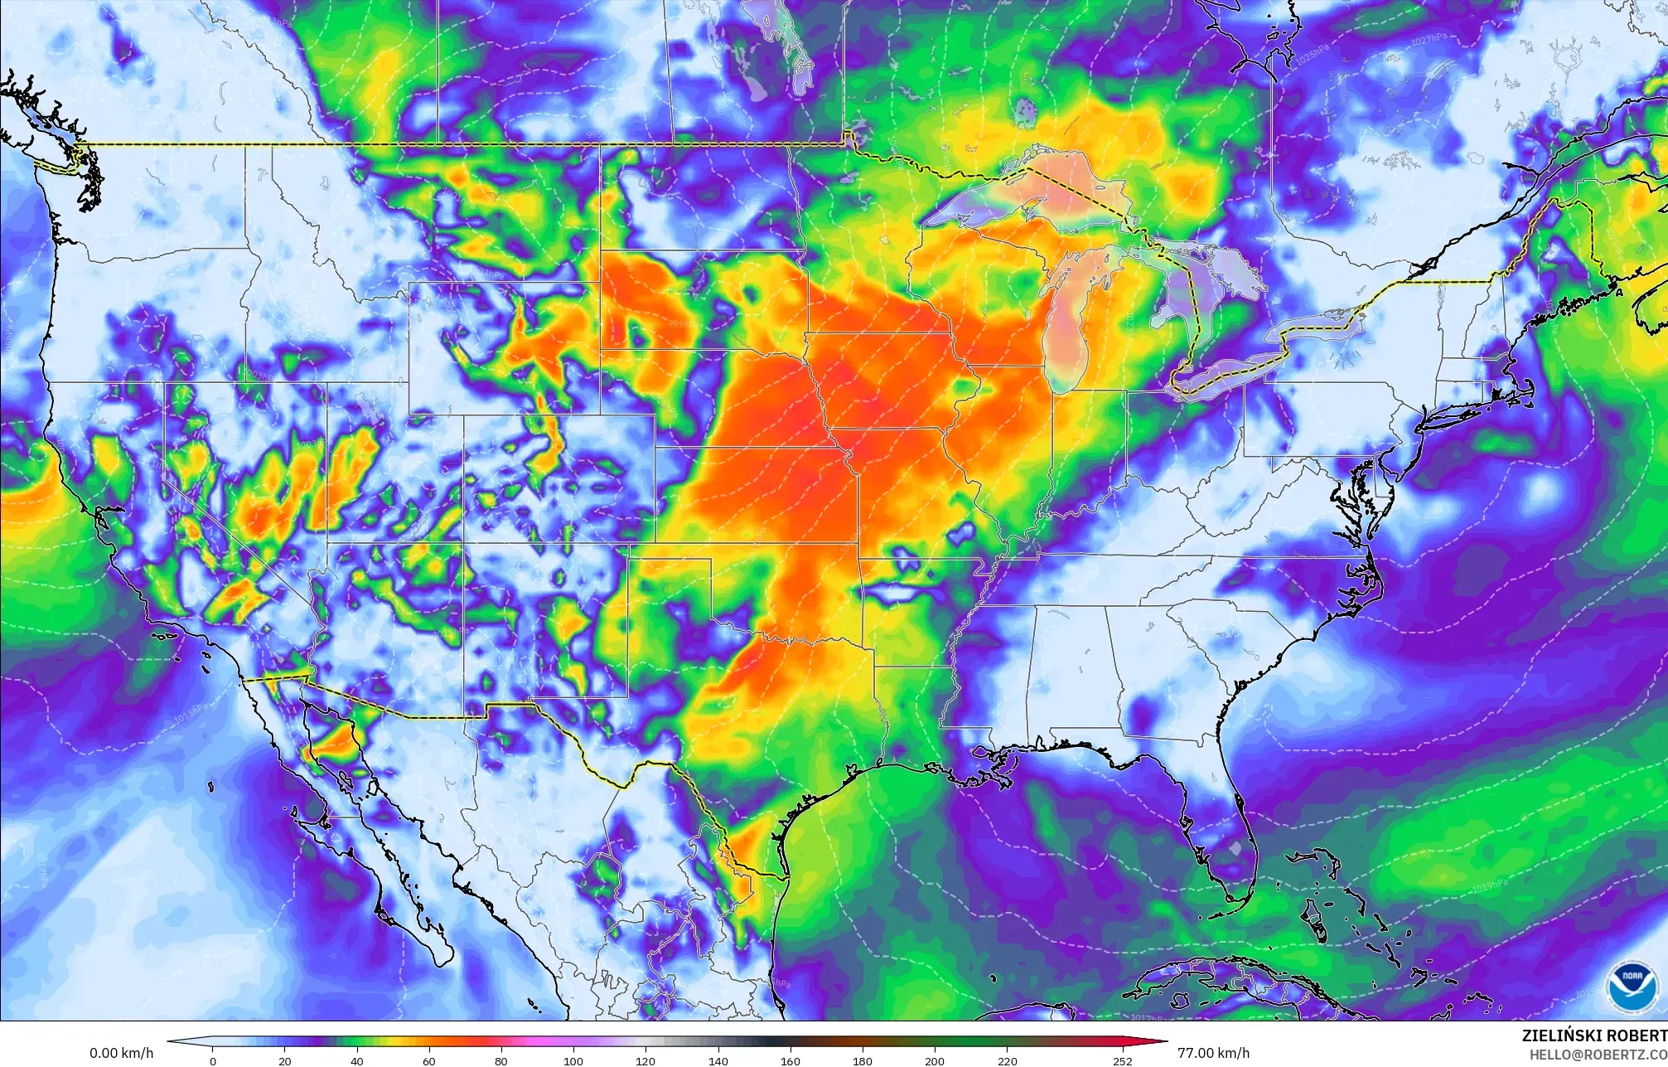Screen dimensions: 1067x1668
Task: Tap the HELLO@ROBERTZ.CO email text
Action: [x=1598, y=1055]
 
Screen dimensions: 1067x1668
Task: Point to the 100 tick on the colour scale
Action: [x=573, y=1060]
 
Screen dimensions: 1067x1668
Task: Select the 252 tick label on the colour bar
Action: [x=1122, y=1060]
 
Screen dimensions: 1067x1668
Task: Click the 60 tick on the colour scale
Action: [x=429, y=1060]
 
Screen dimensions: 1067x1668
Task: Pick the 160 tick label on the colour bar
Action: [x=790, y=1060]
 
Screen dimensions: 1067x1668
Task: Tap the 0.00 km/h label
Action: [x=121, y=1054]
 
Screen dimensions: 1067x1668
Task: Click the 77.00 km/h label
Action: [x=1213, y=1054]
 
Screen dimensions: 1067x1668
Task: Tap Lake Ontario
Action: [x=1322, y=319]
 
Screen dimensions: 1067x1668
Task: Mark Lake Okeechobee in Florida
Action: [x=1235, y=848]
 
